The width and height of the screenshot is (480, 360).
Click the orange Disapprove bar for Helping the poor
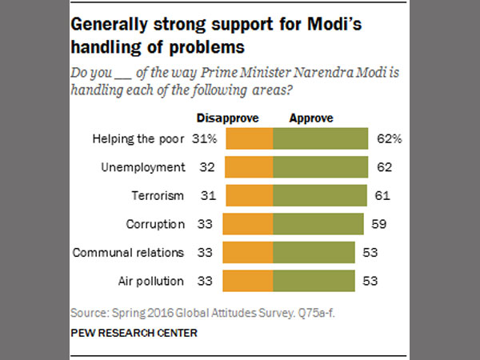tap(250, 139)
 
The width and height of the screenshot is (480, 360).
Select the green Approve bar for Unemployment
tap(320, 167)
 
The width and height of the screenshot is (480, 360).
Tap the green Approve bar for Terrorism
tap(319, 195)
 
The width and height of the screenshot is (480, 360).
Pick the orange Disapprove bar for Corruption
tap(248, 224)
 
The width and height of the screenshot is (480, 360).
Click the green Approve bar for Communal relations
tap(314, 252)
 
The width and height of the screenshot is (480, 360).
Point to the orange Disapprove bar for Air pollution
tap(248, 281)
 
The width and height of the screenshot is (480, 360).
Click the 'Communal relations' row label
tap(128, 252)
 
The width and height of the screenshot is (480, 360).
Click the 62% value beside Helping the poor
tap(389, 139)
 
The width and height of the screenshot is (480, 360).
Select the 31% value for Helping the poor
tap(205, 139)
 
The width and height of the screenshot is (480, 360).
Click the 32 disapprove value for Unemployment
tap(206, 167)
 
